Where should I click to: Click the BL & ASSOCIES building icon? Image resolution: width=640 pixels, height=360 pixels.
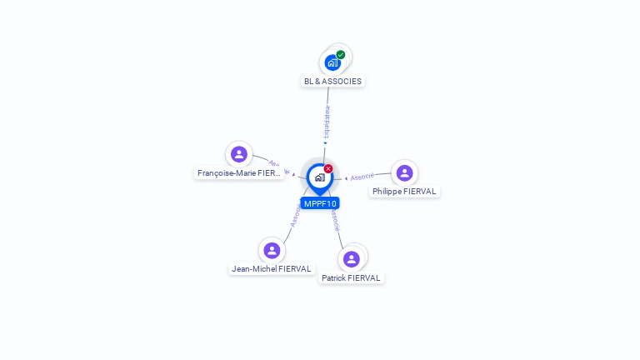coord(332,62)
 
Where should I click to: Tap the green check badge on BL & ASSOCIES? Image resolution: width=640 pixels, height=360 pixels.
coord(341,55)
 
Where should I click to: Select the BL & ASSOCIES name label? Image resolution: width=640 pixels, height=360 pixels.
coord(332,82)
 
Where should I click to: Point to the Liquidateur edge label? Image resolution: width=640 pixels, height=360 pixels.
coord(327,122)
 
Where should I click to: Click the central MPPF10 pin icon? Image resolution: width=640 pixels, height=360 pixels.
coord(319,177)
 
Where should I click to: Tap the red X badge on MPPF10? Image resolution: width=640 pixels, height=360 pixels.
coord(328,169)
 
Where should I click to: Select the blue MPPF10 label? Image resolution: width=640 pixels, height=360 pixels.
coord(320,203)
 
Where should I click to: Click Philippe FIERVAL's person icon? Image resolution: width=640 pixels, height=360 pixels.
coord(404,172)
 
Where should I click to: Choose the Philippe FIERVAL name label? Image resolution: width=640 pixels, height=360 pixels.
coord(404,192)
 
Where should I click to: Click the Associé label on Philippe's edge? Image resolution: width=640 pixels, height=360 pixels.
coord(362,177)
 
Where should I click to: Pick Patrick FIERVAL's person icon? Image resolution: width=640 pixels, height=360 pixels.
coord(352,259)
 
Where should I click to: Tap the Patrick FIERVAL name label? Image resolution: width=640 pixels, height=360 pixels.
coord(351,278)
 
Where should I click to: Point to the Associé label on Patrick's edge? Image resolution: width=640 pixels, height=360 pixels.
coord(334,220)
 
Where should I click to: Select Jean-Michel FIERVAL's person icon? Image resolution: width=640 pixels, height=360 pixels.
coord(271,250)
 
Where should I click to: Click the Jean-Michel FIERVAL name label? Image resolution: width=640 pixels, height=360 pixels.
coord(272,269)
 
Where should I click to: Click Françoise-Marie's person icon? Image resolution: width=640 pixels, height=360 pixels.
coord(239,154)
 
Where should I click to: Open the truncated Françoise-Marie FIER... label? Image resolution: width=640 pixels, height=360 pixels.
coord(239,173)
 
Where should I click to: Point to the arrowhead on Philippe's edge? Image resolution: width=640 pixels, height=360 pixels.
coord(346,178)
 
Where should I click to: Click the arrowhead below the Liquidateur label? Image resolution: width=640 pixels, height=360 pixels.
coord(325,143)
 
